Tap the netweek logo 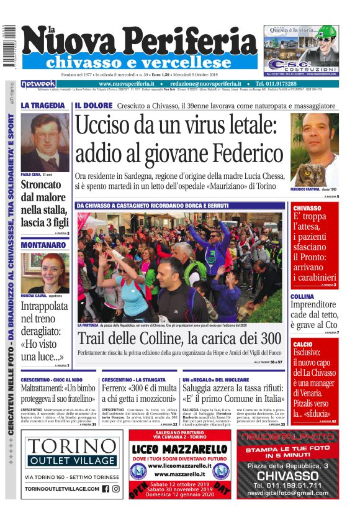38,84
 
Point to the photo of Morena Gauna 45,273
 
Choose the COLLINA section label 304,297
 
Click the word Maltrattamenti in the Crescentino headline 45,389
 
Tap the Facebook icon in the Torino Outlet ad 106,489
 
